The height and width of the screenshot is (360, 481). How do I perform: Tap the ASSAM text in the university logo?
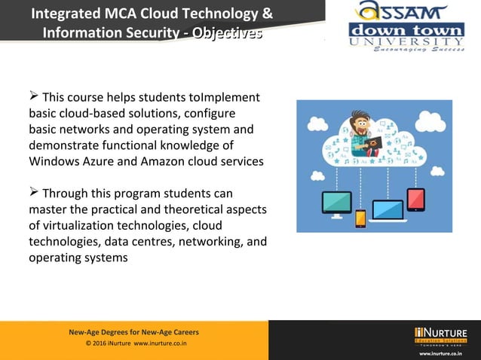pyautogui.click(x=391, y=12)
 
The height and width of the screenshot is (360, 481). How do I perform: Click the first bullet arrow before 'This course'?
pyautogui.click(x=33, y=96)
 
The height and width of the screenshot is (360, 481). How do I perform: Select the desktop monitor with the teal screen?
pyautogui.click(x=336, y=202)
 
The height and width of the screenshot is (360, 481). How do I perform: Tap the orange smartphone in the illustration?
pyautogui.click(x=360, y=218)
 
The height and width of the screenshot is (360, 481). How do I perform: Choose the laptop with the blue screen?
pyautogui.click(x=388, y=210)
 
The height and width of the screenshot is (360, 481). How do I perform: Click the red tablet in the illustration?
pyautogui.click(x=416, y=199)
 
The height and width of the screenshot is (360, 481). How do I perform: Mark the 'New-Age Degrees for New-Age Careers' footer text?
pyautogui.click(x=134, y=332)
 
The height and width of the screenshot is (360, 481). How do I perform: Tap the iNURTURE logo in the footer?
pyautogui.click(x=440, y=335)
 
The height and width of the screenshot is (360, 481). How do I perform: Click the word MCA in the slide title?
pyautogui.click(x=102, y=13)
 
